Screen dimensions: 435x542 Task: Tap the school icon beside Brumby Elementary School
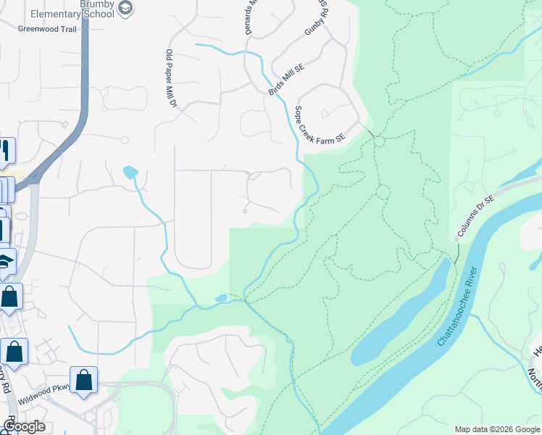point(126,7)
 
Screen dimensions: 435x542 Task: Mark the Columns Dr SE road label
point(475,219)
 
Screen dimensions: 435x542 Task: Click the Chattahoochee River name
point(458,307)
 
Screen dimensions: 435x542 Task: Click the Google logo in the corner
point(23,426)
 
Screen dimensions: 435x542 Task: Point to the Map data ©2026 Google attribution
point(496,429)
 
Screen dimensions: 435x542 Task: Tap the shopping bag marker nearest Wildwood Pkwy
point(83,379)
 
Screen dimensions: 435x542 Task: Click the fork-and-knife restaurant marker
point(5,150)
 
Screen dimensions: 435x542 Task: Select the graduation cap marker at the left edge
point(6,261)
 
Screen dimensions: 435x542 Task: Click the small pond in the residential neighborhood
point(130,172)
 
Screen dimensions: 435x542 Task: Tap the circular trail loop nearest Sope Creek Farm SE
point(379,141)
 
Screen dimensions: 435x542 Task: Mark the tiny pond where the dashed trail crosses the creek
point(221,298)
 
